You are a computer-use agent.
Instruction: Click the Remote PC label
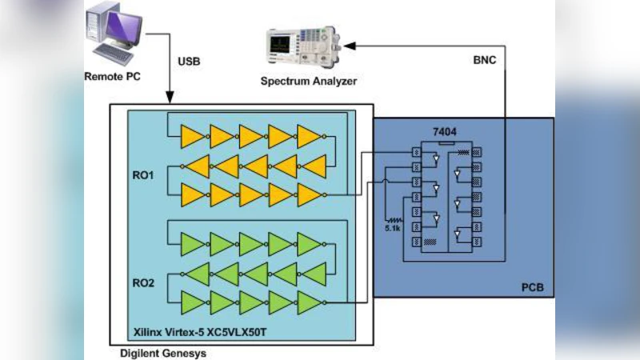point(114,78)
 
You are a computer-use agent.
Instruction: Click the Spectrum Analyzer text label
point(308,82)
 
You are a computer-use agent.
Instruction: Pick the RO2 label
point(145,282)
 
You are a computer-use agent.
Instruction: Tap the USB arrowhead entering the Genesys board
point(170,97)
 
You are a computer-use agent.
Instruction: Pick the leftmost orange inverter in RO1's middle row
point(195,166)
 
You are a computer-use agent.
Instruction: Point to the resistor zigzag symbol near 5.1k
point(394,217)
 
